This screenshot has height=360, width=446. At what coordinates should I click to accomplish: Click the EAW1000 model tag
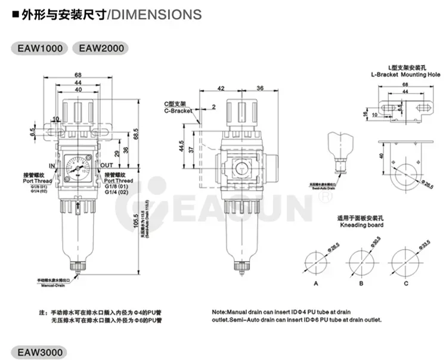[x=39, y=49]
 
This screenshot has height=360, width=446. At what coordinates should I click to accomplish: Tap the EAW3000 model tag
[x=39, y=352]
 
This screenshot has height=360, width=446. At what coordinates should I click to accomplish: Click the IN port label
[x=52, y=165]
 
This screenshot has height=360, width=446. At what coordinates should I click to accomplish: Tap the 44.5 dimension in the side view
[x=181, y=145]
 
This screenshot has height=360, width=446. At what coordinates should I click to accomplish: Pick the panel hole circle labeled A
[x=317, y=260]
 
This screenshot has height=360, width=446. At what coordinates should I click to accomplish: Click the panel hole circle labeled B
[x=361, y=260]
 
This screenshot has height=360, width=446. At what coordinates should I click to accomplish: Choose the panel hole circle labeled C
[x=405, y=260]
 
